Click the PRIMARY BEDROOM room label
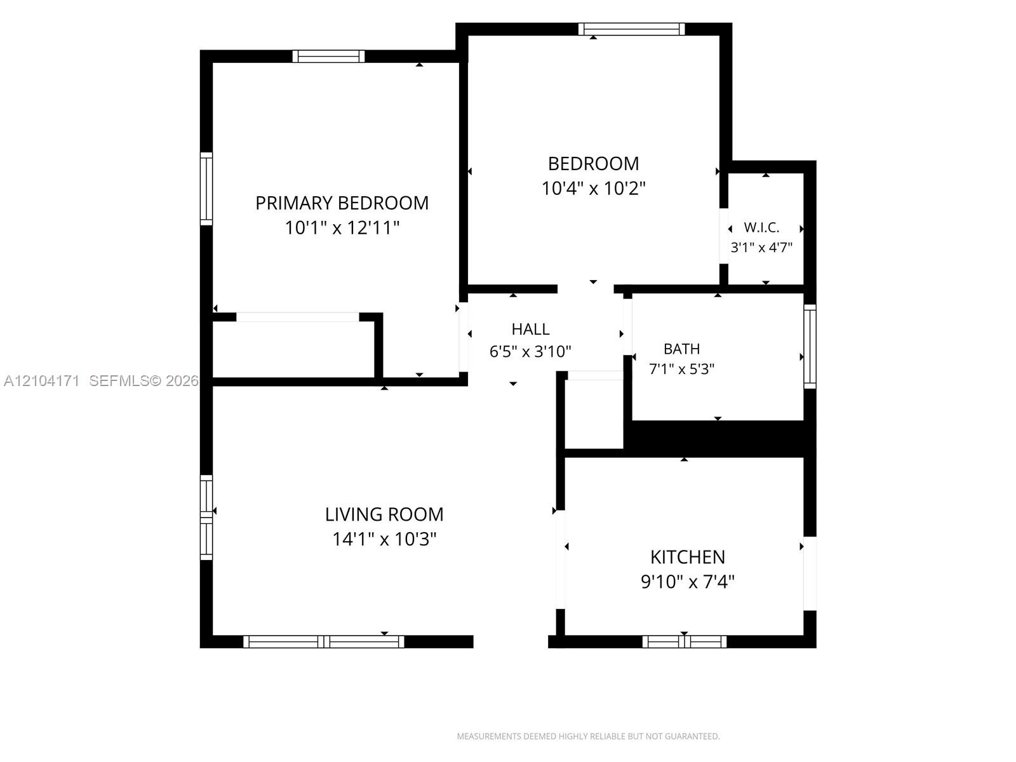[342, 203]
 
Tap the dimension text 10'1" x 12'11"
[342, 227]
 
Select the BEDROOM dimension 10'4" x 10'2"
[593, 189]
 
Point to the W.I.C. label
[761, 227]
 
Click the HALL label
[530, 329]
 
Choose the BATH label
[681, 349]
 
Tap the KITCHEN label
[687, 557]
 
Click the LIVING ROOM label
[384, 514]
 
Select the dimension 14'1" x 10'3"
[384, 539]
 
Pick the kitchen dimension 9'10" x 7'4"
[687, 582]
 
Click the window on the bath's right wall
[810, 346]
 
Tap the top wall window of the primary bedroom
[329, 57]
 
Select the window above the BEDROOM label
[631, 29]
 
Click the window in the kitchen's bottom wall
[684, 642]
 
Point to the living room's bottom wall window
[324, 642]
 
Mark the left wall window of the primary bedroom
[206, 189]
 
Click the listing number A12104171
[42, 381]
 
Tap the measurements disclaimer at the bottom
[588, 736]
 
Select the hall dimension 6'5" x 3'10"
[530, 352]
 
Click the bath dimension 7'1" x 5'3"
[681, 369]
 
